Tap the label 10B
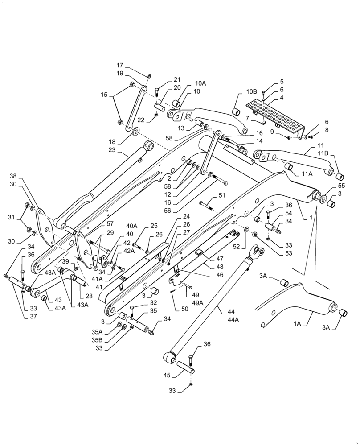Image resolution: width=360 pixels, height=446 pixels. [252, 91]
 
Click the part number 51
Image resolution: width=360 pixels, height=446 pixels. [221, 195]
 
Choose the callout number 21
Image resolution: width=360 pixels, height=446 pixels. [165, 79]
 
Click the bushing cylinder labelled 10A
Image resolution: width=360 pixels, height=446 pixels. [176, 103]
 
